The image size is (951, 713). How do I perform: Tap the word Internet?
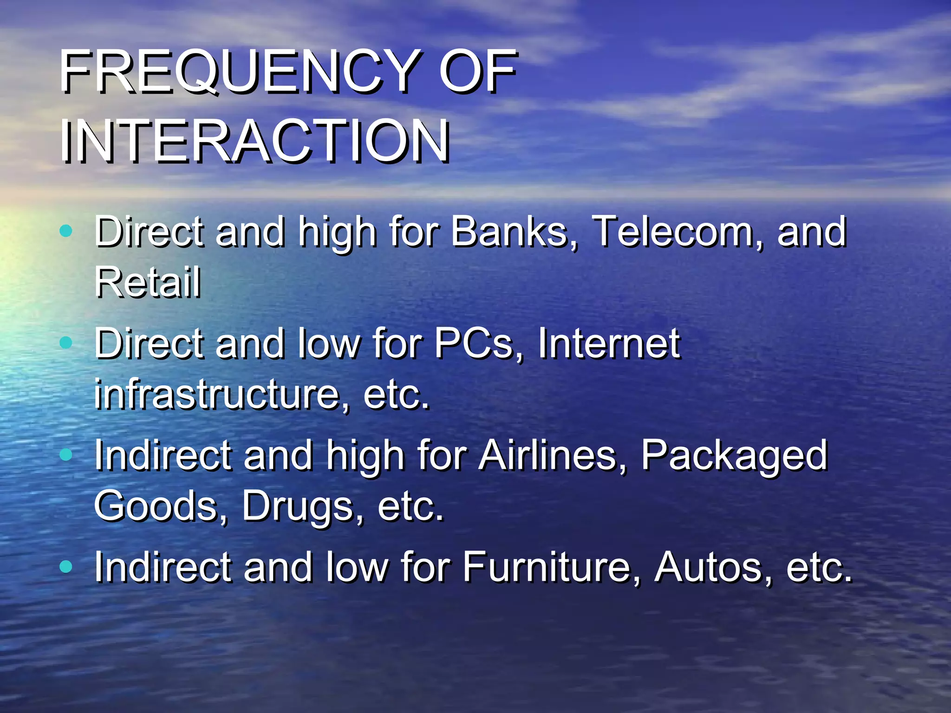[x=609, y=344]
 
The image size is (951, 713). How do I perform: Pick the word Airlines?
[x=553, y=455]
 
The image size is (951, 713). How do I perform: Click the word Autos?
[x=713, y=567]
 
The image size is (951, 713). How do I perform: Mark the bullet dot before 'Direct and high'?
[x=66, y=231]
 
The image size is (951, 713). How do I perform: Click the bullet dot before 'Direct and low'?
[x=66, y=343]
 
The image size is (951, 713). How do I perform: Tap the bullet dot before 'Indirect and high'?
[x=66, y=455]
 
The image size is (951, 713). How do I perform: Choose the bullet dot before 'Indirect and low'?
[x=66, y=566]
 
